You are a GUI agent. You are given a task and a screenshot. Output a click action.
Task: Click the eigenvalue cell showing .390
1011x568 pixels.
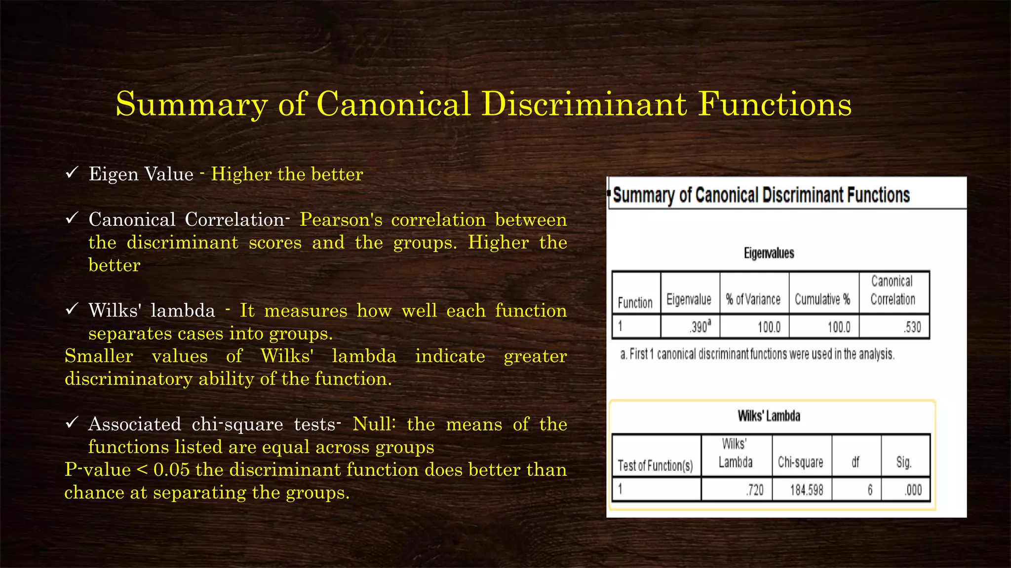click(700, 327)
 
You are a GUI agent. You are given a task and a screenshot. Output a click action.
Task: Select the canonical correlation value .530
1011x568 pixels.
click(913, 327)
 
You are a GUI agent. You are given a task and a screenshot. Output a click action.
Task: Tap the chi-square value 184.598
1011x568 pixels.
click(806, 490)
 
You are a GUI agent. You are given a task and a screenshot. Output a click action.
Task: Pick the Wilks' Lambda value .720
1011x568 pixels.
click(755, 490)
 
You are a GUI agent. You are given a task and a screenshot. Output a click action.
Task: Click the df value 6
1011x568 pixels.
click(870, 490)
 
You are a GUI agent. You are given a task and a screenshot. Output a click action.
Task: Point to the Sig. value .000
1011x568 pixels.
click(913, 490)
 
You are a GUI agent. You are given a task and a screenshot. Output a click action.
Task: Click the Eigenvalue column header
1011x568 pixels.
click(689, 299)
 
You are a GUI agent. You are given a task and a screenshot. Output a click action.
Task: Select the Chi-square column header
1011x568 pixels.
click(800, 462)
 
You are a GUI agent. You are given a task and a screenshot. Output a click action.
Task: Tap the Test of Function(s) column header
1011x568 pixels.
click(655, 465)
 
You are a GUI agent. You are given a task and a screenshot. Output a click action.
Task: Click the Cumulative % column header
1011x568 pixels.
click(822, 299)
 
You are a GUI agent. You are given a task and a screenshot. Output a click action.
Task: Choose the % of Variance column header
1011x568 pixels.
click(753, 299)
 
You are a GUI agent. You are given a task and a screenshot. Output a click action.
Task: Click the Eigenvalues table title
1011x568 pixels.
click(769, 253)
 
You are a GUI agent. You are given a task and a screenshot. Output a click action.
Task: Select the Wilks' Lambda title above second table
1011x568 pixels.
click(769, 416)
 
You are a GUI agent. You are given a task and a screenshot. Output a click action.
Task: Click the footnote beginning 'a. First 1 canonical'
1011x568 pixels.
click(757, 354)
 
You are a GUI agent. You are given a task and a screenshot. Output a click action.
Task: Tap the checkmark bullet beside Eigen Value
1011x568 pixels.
click(72, 173)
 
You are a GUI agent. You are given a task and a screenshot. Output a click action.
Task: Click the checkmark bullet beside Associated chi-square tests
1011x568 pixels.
click(72, 423)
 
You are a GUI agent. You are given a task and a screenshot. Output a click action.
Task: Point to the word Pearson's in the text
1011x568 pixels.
click(341, 220)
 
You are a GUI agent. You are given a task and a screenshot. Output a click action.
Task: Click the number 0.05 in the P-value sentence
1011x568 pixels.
click(171, 470)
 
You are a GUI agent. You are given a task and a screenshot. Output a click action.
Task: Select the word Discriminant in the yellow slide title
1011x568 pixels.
click(584, 104)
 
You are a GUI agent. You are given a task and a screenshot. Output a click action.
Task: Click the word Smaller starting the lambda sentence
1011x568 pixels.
click(99, 356)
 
